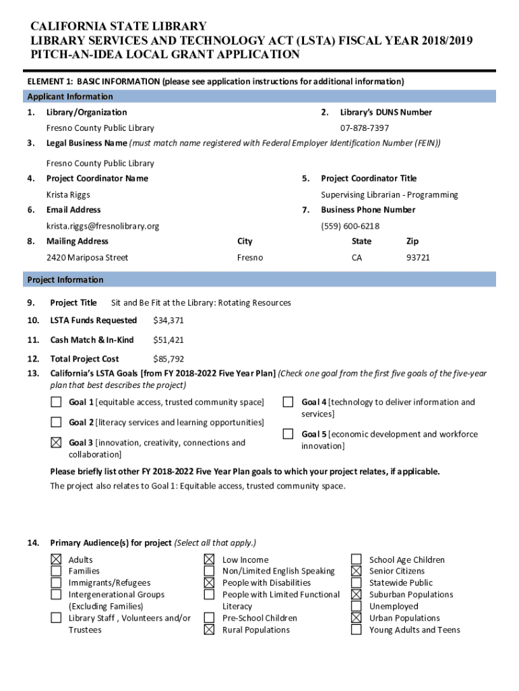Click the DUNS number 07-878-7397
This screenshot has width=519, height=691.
pyautogui.click(x=364, y=128)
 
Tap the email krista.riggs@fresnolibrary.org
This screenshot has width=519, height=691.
pyautogui.click(x=102, y=226)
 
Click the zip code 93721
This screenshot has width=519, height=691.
pyautogui.click(x=417, y=258)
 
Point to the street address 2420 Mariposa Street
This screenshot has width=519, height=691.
pyautogui.click(x=87, y=258)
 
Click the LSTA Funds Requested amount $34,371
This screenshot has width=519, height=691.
pyautogui.click(x=169, y=321)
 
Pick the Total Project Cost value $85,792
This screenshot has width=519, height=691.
pyautogui.click(x=169, y=359)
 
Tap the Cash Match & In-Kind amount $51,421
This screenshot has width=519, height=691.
pyautogui.click(x=169, y=340)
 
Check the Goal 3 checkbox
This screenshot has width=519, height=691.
pyautogui.click(x=56, y=443)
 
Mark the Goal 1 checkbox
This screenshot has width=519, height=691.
pyautogui.click(x=56, y=403)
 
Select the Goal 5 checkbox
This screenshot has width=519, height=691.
pyautogui.click(x=288, y=434)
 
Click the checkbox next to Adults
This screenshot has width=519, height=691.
pyautogui.click(x=56, y=559)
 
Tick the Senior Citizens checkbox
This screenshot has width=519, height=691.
pyautogui.click(x=356, y=571)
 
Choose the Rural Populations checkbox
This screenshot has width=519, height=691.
pyautogui.click(x=210, y=630)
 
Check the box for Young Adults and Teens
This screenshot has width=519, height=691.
pyautogui.click(x=356, y=630)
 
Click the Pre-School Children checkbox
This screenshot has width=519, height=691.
pyautogui.click(x=210, y=618)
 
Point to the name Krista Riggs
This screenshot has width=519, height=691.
pyautogui.click(x=68, y=195)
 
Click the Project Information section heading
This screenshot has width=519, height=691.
pyautogui.click(x=65, y=280)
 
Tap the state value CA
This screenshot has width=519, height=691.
pyautogui.click(x=357, y=258)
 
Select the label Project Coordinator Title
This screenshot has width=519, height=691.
pyautogui.click(x=369, y=179)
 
